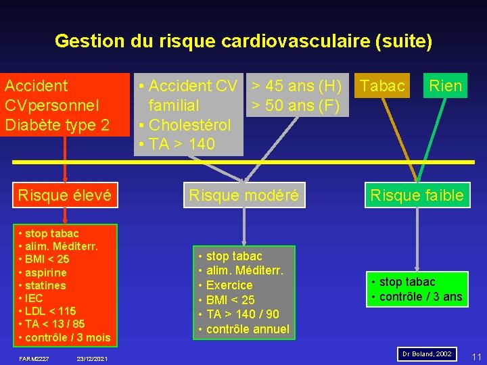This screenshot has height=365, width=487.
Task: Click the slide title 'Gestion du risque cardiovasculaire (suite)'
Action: [x=243, y=41]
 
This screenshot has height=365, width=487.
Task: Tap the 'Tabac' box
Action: [x=383, y=86]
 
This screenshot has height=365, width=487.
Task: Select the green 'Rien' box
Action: [x=445, y=86]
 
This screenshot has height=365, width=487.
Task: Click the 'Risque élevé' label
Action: [x=65, y=196]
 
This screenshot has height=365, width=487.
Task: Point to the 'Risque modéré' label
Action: [x=243, y=196]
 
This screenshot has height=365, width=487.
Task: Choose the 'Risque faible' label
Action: [x=416, y=196]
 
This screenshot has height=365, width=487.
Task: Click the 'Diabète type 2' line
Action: [x=57, y=125]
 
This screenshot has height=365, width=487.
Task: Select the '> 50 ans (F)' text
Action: [x=295, y=105]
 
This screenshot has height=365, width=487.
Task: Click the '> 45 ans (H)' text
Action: [x=296, y=86]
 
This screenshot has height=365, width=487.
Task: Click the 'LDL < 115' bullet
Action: [x=50, y=311]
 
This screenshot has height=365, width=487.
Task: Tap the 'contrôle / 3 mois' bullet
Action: [x=67, y=337]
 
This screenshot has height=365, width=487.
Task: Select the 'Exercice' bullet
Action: [x=229, y=285]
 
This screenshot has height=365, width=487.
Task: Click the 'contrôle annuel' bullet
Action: [x=247, y=329]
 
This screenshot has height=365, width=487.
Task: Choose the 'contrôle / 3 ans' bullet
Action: [x=419, y=297]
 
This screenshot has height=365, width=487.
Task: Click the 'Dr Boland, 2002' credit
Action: [x=427, y=354]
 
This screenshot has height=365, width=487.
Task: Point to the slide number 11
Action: [x=476, y=356]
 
